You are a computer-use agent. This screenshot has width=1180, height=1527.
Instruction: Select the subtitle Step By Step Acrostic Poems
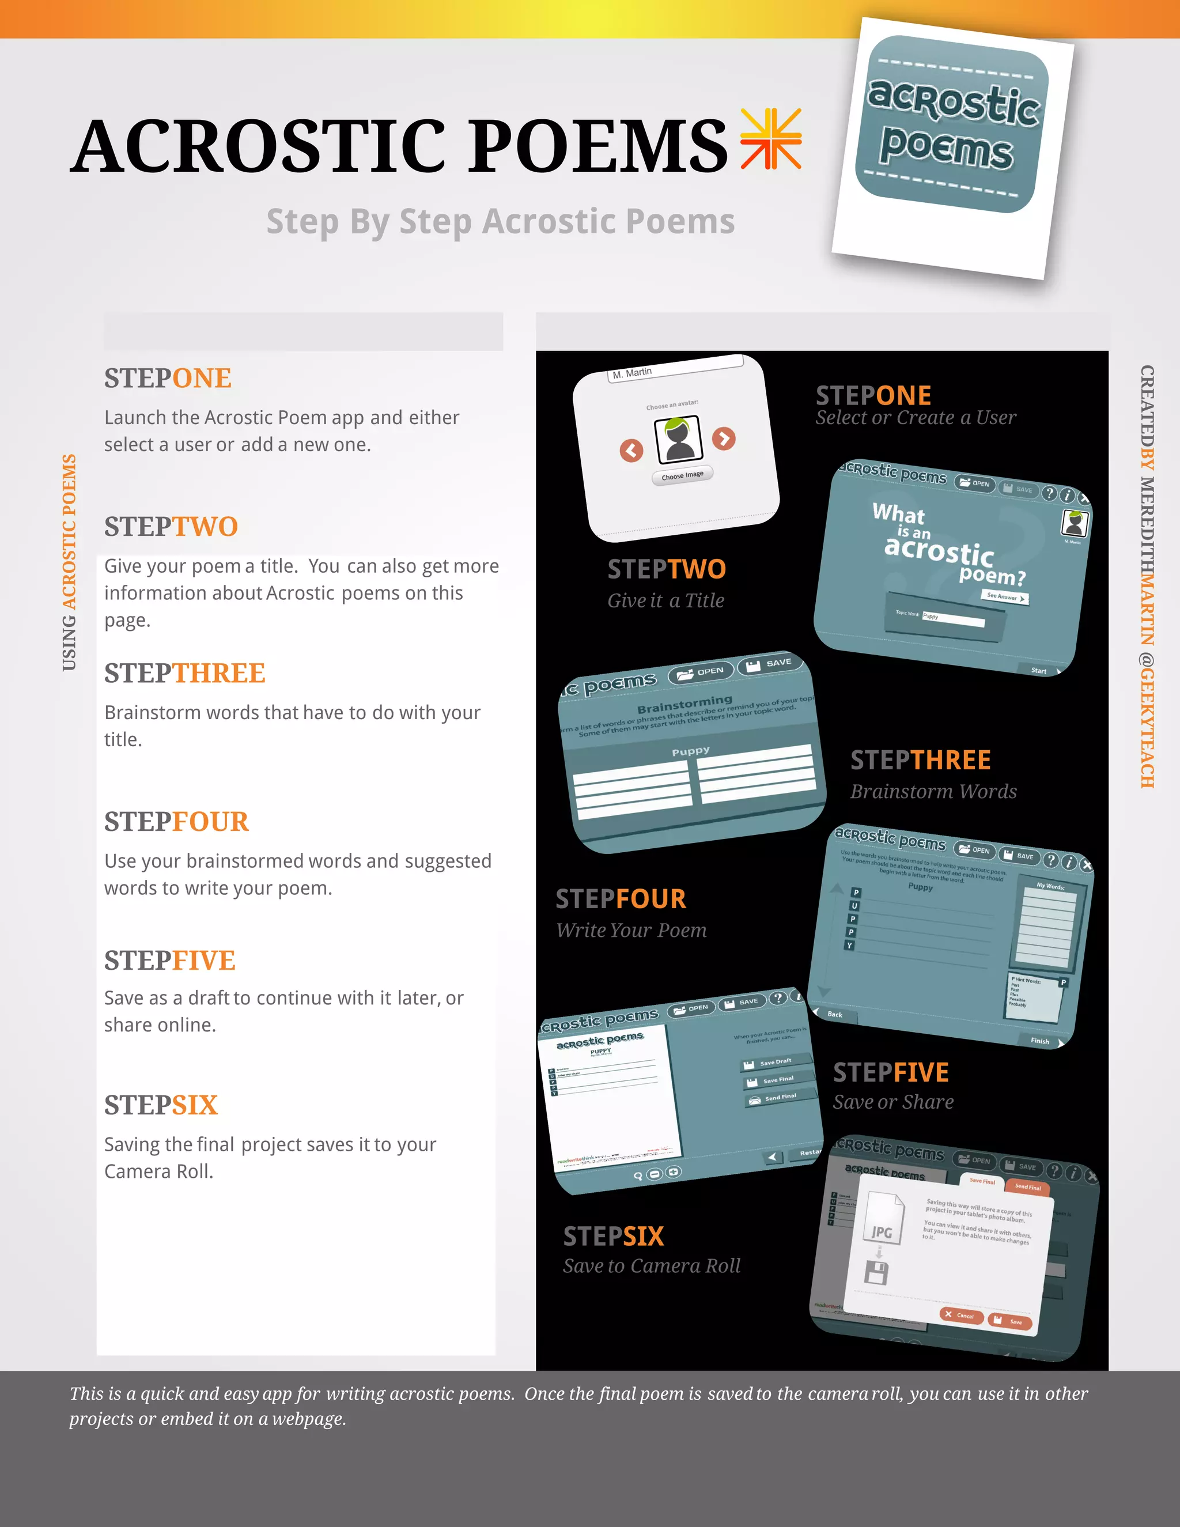click(501, 222)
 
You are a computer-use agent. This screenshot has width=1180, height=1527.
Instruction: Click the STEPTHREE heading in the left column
click(184, 673)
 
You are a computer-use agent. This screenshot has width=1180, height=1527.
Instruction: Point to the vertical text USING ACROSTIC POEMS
click(69, 562)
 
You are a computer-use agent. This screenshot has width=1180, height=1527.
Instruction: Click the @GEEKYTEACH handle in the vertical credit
click(1147, 720)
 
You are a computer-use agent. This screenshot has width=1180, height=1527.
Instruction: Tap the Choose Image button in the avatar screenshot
click(682, 475)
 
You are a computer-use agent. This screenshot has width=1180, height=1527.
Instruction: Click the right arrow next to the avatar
click(724, 439)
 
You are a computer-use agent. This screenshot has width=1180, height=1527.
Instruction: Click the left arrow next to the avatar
click(631, 450)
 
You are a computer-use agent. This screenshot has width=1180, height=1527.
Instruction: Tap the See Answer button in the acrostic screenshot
click(1004, 596)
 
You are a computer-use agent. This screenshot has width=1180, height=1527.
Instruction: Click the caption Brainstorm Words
click(933, 792)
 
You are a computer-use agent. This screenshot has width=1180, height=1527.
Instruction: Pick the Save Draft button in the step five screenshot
click(776, 1062)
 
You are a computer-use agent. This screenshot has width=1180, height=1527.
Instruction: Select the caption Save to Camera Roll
click(652, 1266)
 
